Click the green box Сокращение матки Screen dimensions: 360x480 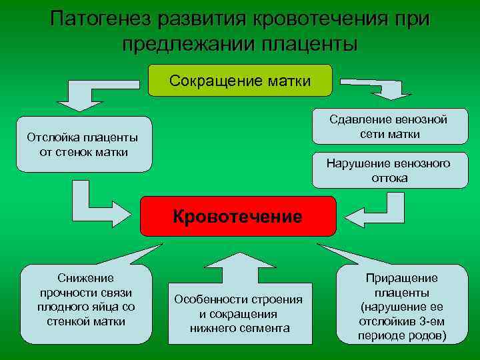click(x=239, y=81)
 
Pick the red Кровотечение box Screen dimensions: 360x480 click(x=237, y=216)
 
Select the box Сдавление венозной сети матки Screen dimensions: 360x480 click(x=389, y=127)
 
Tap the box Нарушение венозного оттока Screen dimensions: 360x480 click(x=389, y=171)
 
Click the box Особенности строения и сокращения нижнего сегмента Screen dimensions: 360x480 click(x=238, y=313)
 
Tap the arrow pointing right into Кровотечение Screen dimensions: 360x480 click(x=99, y=208)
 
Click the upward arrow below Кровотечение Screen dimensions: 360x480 click(x=238, y=263)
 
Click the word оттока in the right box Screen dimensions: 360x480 click(x=390, y=178)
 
